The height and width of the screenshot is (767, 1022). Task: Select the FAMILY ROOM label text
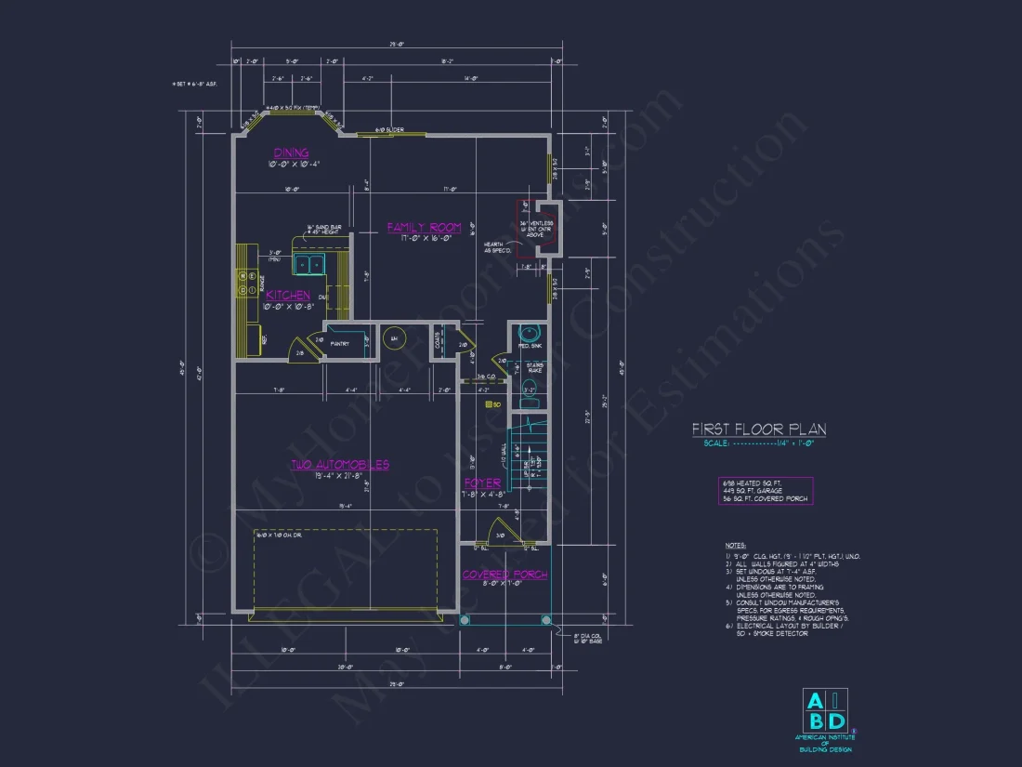[x=424, y=227]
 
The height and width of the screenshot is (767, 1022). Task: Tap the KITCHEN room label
[x=288, y=295]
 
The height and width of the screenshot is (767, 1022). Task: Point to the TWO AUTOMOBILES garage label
[x=340, y=464]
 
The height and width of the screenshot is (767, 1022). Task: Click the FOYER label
[x=482, y=483]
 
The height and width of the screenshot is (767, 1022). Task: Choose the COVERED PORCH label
[x=504, y=575]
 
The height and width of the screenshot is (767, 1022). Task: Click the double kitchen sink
[x=309, y=265]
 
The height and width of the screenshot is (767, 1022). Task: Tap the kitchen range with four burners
[x=247, y=284]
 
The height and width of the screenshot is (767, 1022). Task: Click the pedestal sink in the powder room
[x=529, y=336]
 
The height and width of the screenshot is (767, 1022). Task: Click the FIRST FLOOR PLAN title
[x=759, y=430]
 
